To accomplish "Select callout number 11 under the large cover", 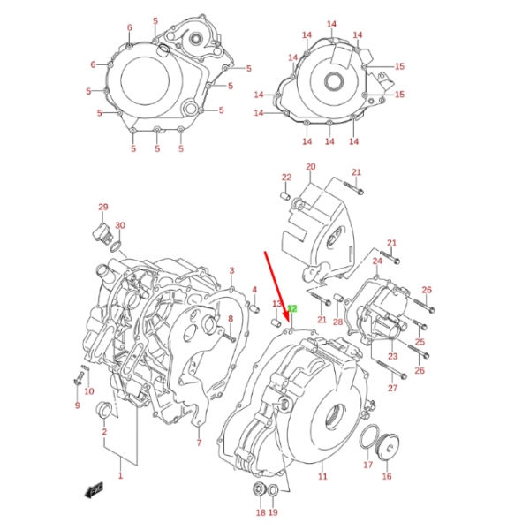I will [323, 476].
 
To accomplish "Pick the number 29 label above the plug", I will [102, 208].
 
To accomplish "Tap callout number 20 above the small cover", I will [310, 167].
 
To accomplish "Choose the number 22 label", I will [286, 178].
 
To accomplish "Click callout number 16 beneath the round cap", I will [386, 476].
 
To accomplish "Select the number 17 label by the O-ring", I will [367, 464].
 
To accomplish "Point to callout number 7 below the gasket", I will [199, 443].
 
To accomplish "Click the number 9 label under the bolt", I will [77, 406].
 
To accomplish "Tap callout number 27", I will [392, 388].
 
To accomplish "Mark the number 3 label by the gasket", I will [231, 270].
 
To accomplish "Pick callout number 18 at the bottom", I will [260, 512].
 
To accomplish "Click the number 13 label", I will [276, 305].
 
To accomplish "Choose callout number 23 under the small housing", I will [391, 357].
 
